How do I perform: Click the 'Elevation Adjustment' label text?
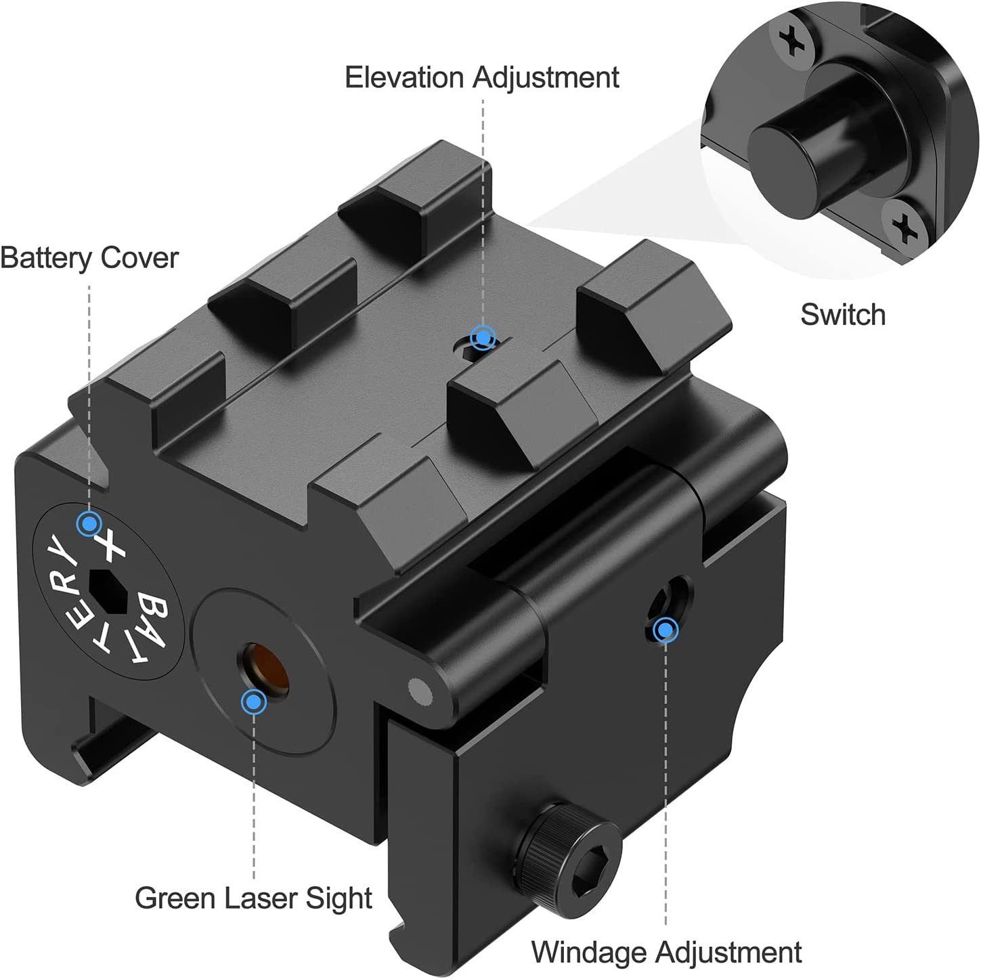point(481,77)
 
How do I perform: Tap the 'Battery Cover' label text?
point(89,258)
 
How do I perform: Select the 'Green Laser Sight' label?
point(253,898)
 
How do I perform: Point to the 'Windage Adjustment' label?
point(666,952)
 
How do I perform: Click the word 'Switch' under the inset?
point(843,315)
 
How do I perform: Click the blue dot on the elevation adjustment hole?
point(483,337)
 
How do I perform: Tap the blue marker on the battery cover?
point(89,523)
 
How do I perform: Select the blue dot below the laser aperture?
point(254,702)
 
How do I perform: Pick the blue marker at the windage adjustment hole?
point(666,630)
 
